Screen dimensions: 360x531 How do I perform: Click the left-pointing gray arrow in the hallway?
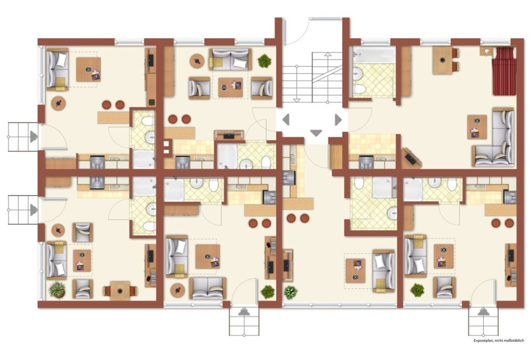click(286, 119)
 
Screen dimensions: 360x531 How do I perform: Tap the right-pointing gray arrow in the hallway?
click(338, 119)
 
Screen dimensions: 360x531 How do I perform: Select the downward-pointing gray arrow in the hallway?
click(316, 133)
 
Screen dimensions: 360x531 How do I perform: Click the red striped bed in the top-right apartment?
click(504, 71)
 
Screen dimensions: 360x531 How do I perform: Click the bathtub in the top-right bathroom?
click(375, 55)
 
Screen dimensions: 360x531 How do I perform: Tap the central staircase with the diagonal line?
click(312, 78)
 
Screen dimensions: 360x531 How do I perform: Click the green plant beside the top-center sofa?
click(264, 61)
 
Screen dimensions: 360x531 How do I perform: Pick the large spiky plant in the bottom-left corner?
click(56, 289)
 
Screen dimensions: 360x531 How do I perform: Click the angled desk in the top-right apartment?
click(412, 157)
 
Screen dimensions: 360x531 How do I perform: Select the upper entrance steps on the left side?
click(22, 136)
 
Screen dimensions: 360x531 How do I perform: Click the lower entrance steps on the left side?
click(22, 210)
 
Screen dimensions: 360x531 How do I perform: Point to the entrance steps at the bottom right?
click(483, 321)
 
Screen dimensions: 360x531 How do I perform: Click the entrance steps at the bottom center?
click(244, 321)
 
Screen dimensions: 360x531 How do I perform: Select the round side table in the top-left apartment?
click(59, 103)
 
